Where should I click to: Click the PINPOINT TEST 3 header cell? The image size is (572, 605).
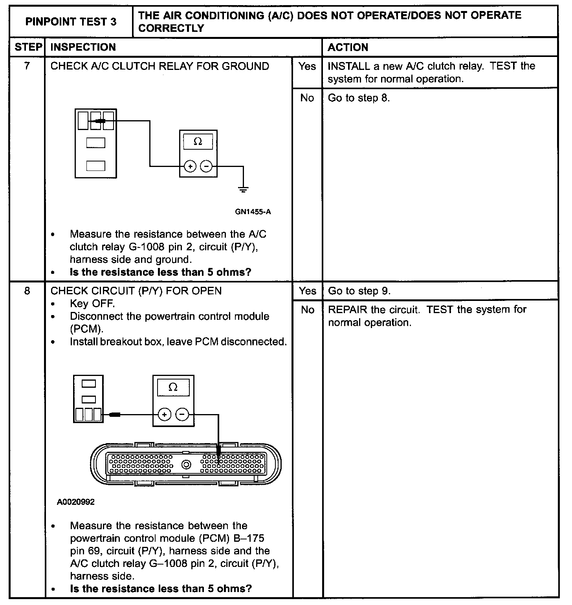(71, 22)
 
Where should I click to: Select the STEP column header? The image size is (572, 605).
(28, 47)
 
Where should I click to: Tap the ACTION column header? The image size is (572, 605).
(348, 48)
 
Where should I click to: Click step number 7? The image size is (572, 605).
(27, 66)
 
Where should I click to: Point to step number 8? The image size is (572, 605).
(27, 291)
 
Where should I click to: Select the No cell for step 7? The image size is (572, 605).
(307, 98)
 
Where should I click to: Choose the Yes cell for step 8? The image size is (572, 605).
(307, 291)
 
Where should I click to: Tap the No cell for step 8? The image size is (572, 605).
(307, 310)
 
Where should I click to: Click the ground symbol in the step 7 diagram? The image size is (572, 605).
(243, 190)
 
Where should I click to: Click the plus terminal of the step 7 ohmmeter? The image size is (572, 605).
(190, 167)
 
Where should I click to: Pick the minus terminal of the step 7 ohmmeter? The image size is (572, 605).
(206, 167)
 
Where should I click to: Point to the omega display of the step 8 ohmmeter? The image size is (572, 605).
(173, 387)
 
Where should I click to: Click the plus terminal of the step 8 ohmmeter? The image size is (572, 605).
(164, 414)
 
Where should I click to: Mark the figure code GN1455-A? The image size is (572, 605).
(253, 212)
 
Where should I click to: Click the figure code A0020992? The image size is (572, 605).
(76, 502)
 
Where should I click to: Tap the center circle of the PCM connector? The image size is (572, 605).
(186, 465)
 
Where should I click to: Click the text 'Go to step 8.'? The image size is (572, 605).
(359, 98)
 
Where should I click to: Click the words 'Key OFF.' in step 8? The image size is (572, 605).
(92, 304)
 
